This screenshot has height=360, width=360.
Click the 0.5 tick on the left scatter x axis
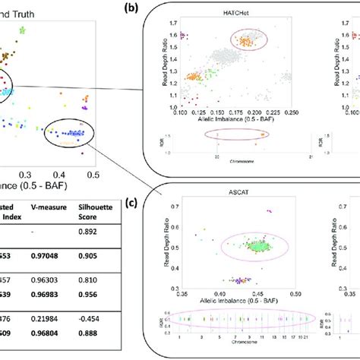pos(93,174)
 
